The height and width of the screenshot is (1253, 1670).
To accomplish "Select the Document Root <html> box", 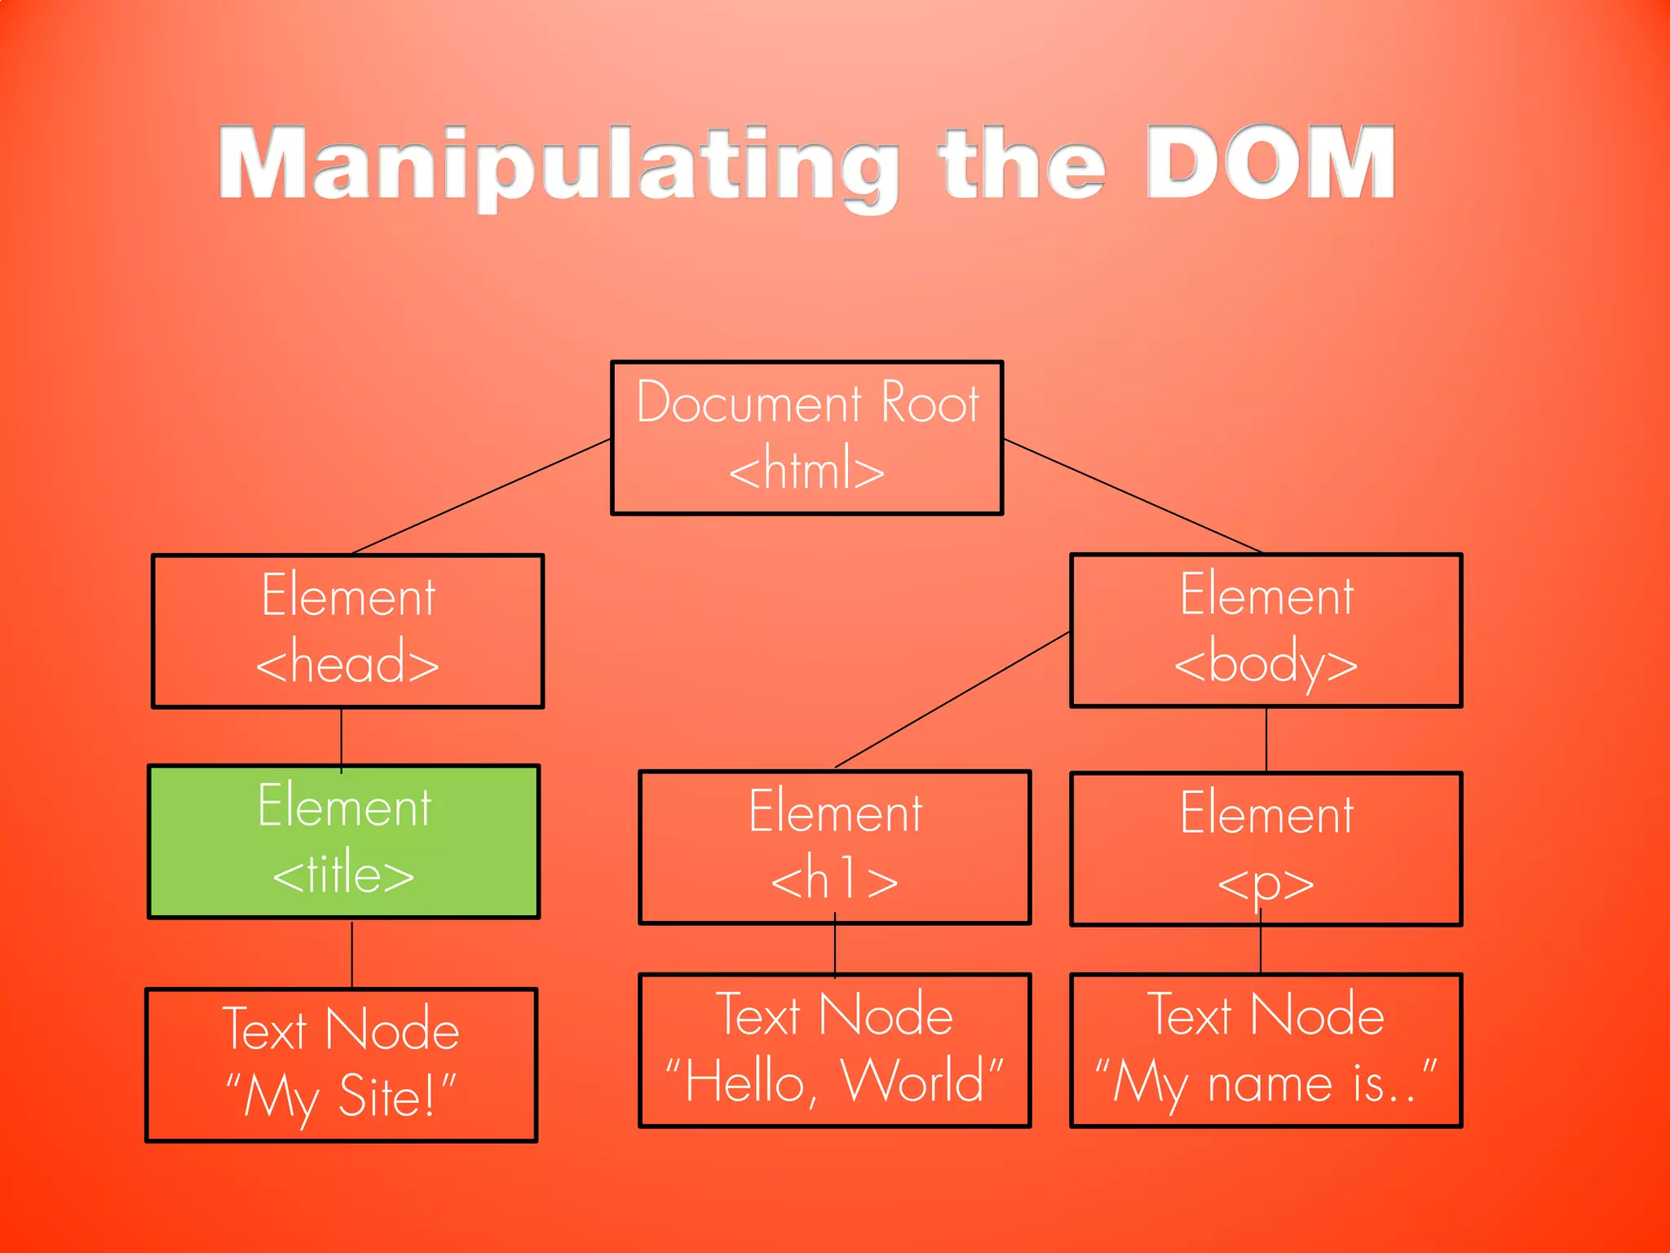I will [806, 437].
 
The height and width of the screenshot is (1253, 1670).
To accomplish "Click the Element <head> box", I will [347, 631].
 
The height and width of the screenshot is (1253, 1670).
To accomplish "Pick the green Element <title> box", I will [343, 841].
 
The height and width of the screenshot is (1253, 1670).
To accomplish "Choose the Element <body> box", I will [1266, 630].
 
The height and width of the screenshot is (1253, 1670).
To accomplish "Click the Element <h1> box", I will [834, 847].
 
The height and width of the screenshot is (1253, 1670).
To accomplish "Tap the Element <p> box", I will [1266, 848].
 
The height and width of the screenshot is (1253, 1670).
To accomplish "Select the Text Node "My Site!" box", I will [341, 1065].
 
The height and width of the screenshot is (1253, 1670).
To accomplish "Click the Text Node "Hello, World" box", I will [834, 1050].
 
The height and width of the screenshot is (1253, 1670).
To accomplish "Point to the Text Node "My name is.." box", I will [1266, 1050].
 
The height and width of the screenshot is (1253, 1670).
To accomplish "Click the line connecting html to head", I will [481, 496].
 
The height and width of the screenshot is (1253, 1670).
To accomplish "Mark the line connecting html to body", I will [1133, 496].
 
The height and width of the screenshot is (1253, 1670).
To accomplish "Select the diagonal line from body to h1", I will [952, 699].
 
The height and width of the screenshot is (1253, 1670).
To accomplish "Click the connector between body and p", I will [1266, 739].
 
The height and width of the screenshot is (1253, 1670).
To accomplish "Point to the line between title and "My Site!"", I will [352, 954].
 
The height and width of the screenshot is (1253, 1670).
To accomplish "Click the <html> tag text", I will [806, 470].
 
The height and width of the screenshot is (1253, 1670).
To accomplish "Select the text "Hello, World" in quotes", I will [834, 1083].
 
